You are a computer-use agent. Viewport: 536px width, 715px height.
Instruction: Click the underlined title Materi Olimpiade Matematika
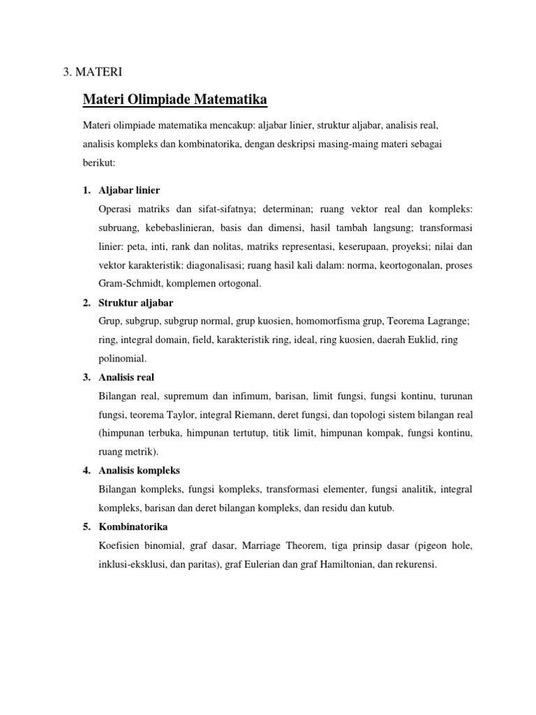pyautogui.click(x=175, y=101)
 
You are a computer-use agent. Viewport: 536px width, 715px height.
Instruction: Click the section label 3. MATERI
pyautogui.click(x=94, y=71)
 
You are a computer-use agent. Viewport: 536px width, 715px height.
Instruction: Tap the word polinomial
pyautogui.click(x=122, y=359)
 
